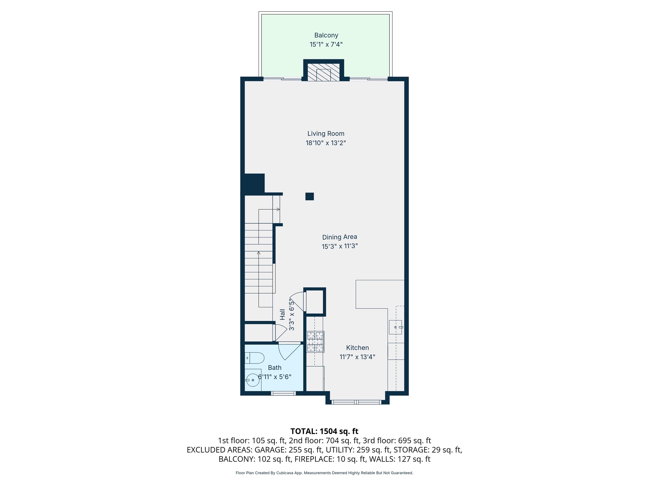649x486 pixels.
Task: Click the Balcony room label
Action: [326, 35]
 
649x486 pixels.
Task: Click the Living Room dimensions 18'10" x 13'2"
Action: [326, 143]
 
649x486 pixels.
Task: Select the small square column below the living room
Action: [310, 196]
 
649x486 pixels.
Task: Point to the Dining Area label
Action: [339, 237]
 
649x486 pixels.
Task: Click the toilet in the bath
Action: [255, 358]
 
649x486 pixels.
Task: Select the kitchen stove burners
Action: [315, 342]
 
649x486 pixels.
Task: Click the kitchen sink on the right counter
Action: [395, 327]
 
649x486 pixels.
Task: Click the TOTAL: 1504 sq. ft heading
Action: [324, 431]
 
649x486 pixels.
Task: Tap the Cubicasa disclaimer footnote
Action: [324, 473]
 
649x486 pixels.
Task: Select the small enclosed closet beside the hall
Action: [315, 302]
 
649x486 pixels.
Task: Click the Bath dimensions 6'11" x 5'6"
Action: [275, 377]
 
